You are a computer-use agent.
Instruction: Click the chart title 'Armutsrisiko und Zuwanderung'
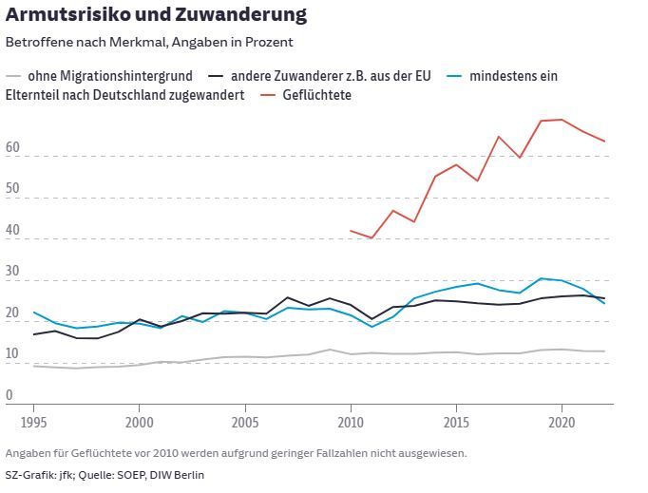[x=156, y=14]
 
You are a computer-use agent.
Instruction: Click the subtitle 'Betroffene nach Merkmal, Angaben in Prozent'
[x=149, y=42]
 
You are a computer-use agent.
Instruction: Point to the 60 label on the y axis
[x=12, y=149]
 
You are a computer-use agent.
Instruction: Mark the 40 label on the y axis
[x=12, y=232]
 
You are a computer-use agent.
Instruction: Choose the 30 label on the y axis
[x=12, y=274]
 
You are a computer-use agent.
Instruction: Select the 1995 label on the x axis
[x=34, y=421]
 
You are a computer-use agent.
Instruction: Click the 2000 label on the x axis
[x=140, y=421]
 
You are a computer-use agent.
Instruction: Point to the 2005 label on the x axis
[x=245, y=421]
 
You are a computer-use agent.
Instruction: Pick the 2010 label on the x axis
[x=351, y=421]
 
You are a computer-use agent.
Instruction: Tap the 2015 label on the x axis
[x=457, y=421]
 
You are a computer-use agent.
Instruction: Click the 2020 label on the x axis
[x=562, y=421]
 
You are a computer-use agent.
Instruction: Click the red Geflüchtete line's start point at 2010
[x=351, y=230]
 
